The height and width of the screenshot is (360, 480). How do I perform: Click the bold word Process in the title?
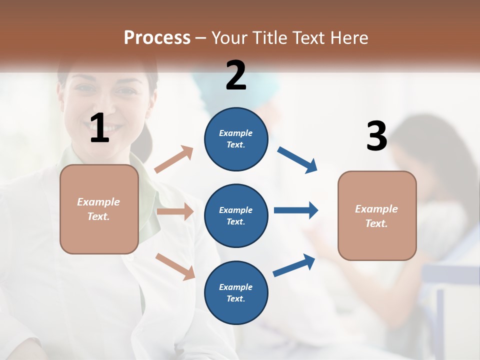point(157,37)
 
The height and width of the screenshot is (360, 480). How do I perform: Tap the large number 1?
point(99,128)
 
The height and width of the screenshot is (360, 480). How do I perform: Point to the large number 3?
point(376,136)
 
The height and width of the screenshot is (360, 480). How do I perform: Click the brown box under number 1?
point(99,209)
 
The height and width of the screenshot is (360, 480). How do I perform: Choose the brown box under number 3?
point(377,215)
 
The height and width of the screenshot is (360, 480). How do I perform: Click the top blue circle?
point(236,139)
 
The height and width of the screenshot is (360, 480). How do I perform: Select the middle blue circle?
point(236,215)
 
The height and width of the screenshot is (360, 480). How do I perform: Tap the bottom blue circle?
point(236,292)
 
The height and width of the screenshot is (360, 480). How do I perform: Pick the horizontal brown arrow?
point(175,211)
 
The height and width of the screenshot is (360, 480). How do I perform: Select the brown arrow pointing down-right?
point(175,266)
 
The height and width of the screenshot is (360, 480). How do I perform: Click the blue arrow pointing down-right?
point(297,160)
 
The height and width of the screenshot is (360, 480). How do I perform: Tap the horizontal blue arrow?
point(295,210)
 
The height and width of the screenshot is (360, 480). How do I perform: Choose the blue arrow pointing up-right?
point(294,265)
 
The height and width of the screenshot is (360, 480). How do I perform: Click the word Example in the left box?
point(98,202)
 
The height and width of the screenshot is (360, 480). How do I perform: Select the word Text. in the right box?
point(376,223)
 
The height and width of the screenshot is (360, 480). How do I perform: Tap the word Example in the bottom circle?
point(235,287)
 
